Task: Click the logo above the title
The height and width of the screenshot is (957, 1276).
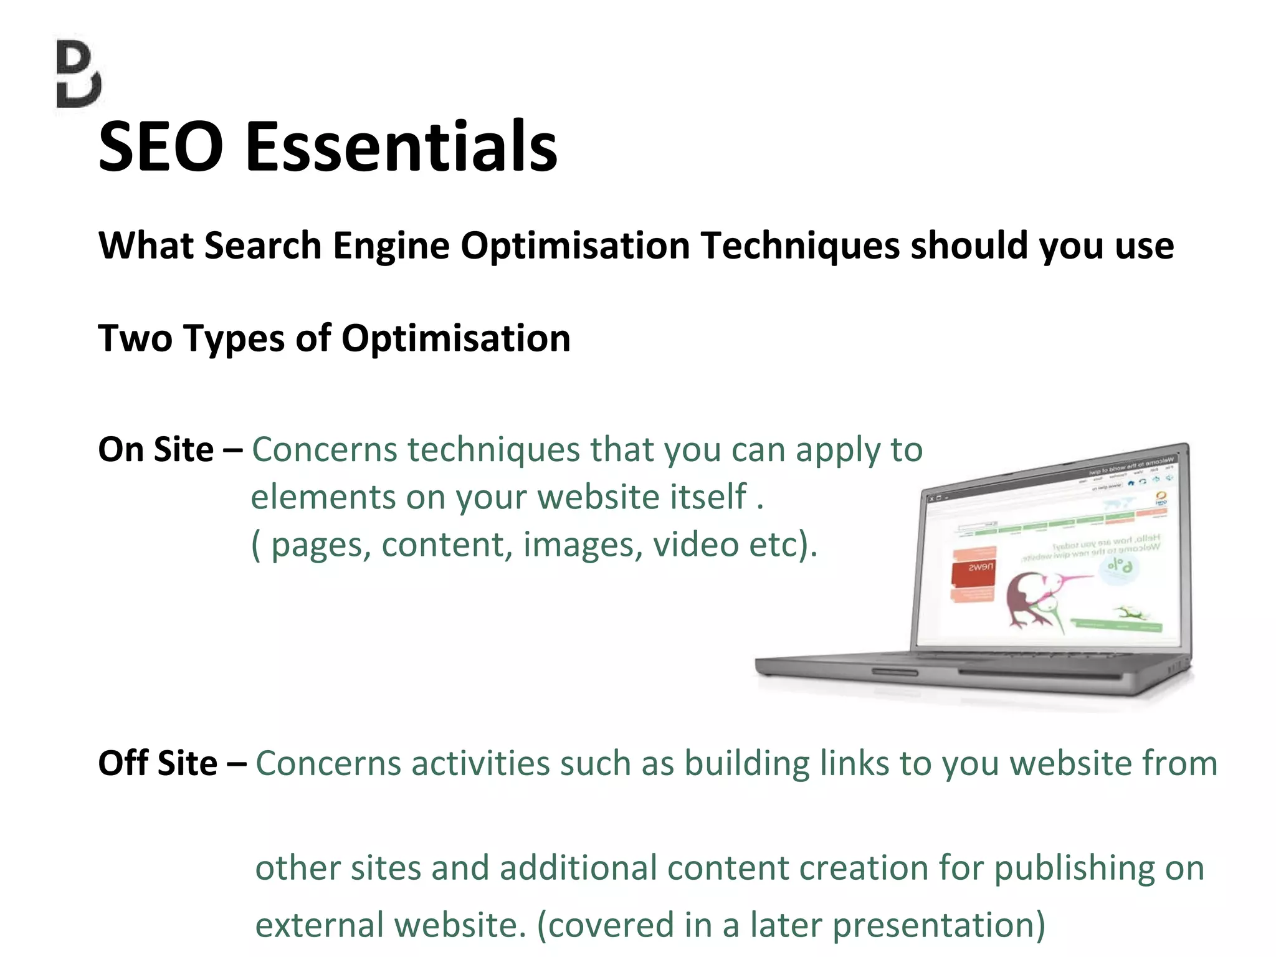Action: [79, 74]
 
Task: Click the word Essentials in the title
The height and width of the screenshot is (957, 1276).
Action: [402, 147]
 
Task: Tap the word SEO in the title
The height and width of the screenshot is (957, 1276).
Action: [161, 147]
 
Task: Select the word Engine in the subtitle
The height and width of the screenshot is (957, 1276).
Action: [391, 245]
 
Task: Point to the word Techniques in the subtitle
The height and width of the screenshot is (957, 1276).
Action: [800, 245]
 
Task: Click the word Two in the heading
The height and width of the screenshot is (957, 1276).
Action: [135, 338]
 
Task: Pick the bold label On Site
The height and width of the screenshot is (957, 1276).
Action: [156, 449]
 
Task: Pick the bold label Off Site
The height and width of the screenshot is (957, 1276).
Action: [158, 763]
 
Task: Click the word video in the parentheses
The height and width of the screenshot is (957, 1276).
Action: [695, 545]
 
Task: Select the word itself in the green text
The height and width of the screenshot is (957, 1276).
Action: [708, 497]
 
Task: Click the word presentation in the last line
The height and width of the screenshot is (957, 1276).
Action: [938, 925]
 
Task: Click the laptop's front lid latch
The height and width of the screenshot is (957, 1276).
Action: [895, 672]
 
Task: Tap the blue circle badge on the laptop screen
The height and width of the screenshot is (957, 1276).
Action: [1119, 567]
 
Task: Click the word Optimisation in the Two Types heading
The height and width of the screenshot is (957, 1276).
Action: [455, 338]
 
